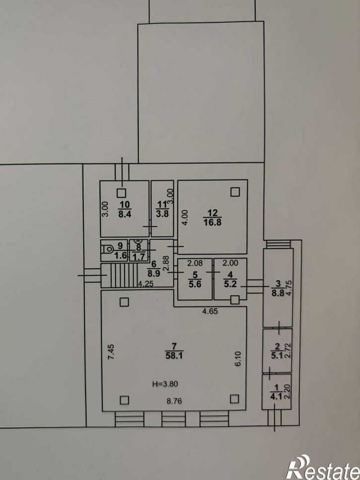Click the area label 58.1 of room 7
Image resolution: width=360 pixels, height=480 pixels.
coord(174,355)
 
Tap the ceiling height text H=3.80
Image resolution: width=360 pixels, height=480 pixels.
coord(165,384)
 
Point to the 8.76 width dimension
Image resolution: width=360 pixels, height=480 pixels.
coord(174,401)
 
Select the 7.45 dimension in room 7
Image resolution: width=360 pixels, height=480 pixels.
coord(111,352)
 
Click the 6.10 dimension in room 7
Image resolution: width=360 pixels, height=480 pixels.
coord(238,358)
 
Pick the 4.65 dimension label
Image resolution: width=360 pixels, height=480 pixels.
coord(210,312)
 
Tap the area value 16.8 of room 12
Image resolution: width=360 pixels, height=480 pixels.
coord(213,221)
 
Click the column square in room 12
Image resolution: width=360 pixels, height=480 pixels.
coord(235,192)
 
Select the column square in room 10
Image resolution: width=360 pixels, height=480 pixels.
coord(122,193)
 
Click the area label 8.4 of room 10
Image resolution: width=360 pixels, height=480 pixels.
coord(125,213)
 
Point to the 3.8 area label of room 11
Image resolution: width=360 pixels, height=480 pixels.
coord(162,213)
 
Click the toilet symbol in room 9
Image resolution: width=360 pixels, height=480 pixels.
coord(108,249)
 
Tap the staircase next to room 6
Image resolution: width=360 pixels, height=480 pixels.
coord(119,275)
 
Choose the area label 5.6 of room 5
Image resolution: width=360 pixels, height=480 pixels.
coord(195,284)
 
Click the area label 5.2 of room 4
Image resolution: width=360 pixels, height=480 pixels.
coord(230,284)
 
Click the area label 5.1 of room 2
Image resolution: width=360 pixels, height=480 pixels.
coord(277,356)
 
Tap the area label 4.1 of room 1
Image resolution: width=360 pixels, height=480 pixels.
coord(277,397)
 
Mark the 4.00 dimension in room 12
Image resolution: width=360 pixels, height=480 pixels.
coord(184,217)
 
